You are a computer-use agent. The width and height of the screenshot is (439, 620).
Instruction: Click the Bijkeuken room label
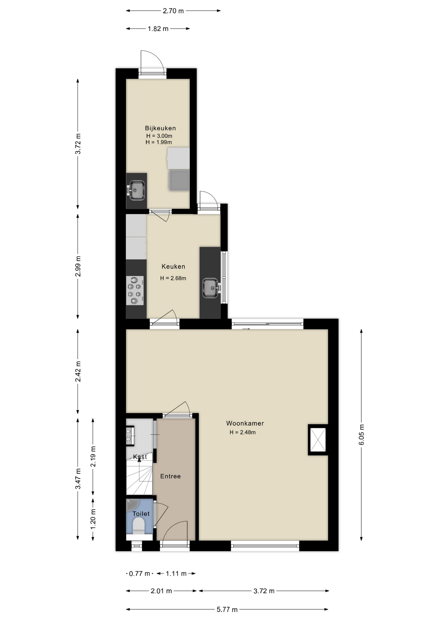(160, 128)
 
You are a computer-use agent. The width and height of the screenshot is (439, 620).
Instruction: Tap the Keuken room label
(173, 266)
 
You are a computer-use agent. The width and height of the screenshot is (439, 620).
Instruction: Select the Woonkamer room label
(245, 423)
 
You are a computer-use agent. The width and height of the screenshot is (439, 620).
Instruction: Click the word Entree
(170, 476)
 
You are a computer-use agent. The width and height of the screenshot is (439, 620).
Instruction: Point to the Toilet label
(141, 513)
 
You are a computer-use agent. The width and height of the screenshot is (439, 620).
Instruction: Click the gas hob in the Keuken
(135, 291)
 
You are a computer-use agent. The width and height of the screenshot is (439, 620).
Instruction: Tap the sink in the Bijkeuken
(137, 190)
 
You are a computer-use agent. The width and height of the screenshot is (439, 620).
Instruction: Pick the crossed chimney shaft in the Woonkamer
(318, 439)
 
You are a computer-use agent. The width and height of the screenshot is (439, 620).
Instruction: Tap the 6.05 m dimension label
(361, 435)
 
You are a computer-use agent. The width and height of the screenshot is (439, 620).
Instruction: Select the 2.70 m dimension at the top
(173, 11)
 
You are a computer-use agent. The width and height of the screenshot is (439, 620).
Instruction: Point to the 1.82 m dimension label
(158, 29)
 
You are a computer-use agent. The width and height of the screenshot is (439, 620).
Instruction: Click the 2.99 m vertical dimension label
(78, 266)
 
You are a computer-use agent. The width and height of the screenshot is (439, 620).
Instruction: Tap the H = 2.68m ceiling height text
(173, 278)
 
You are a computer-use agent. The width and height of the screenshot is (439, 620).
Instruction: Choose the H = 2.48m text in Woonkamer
(242, 432)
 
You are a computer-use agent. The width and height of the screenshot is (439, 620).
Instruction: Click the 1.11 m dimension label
(176, 573)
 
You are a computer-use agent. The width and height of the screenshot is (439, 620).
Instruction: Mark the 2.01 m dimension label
(161, 591)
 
